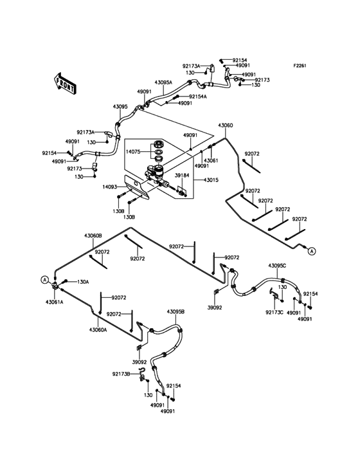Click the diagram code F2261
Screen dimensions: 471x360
[x=301, y=66]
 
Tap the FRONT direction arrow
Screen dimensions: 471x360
[x=65, y=82]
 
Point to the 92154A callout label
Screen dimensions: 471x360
[x=198, y=97]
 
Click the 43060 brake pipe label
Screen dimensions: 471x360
[x=226, y=125]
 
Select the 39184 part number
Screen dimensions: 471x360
[x=183, y=175]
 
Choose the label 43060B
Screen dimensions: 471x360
[x=93, y=236]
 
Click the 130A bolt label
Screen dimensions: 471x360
[x=84, y=281]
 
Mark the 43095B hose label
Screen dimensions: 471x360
[x=176, y=311]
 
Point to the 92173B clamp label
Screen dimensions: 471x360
[x=121, y=373]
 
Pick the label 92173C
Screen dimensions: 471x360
[x=274, y=311]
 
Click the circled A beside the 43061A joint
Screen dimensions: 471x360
[x=44, y=279]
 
